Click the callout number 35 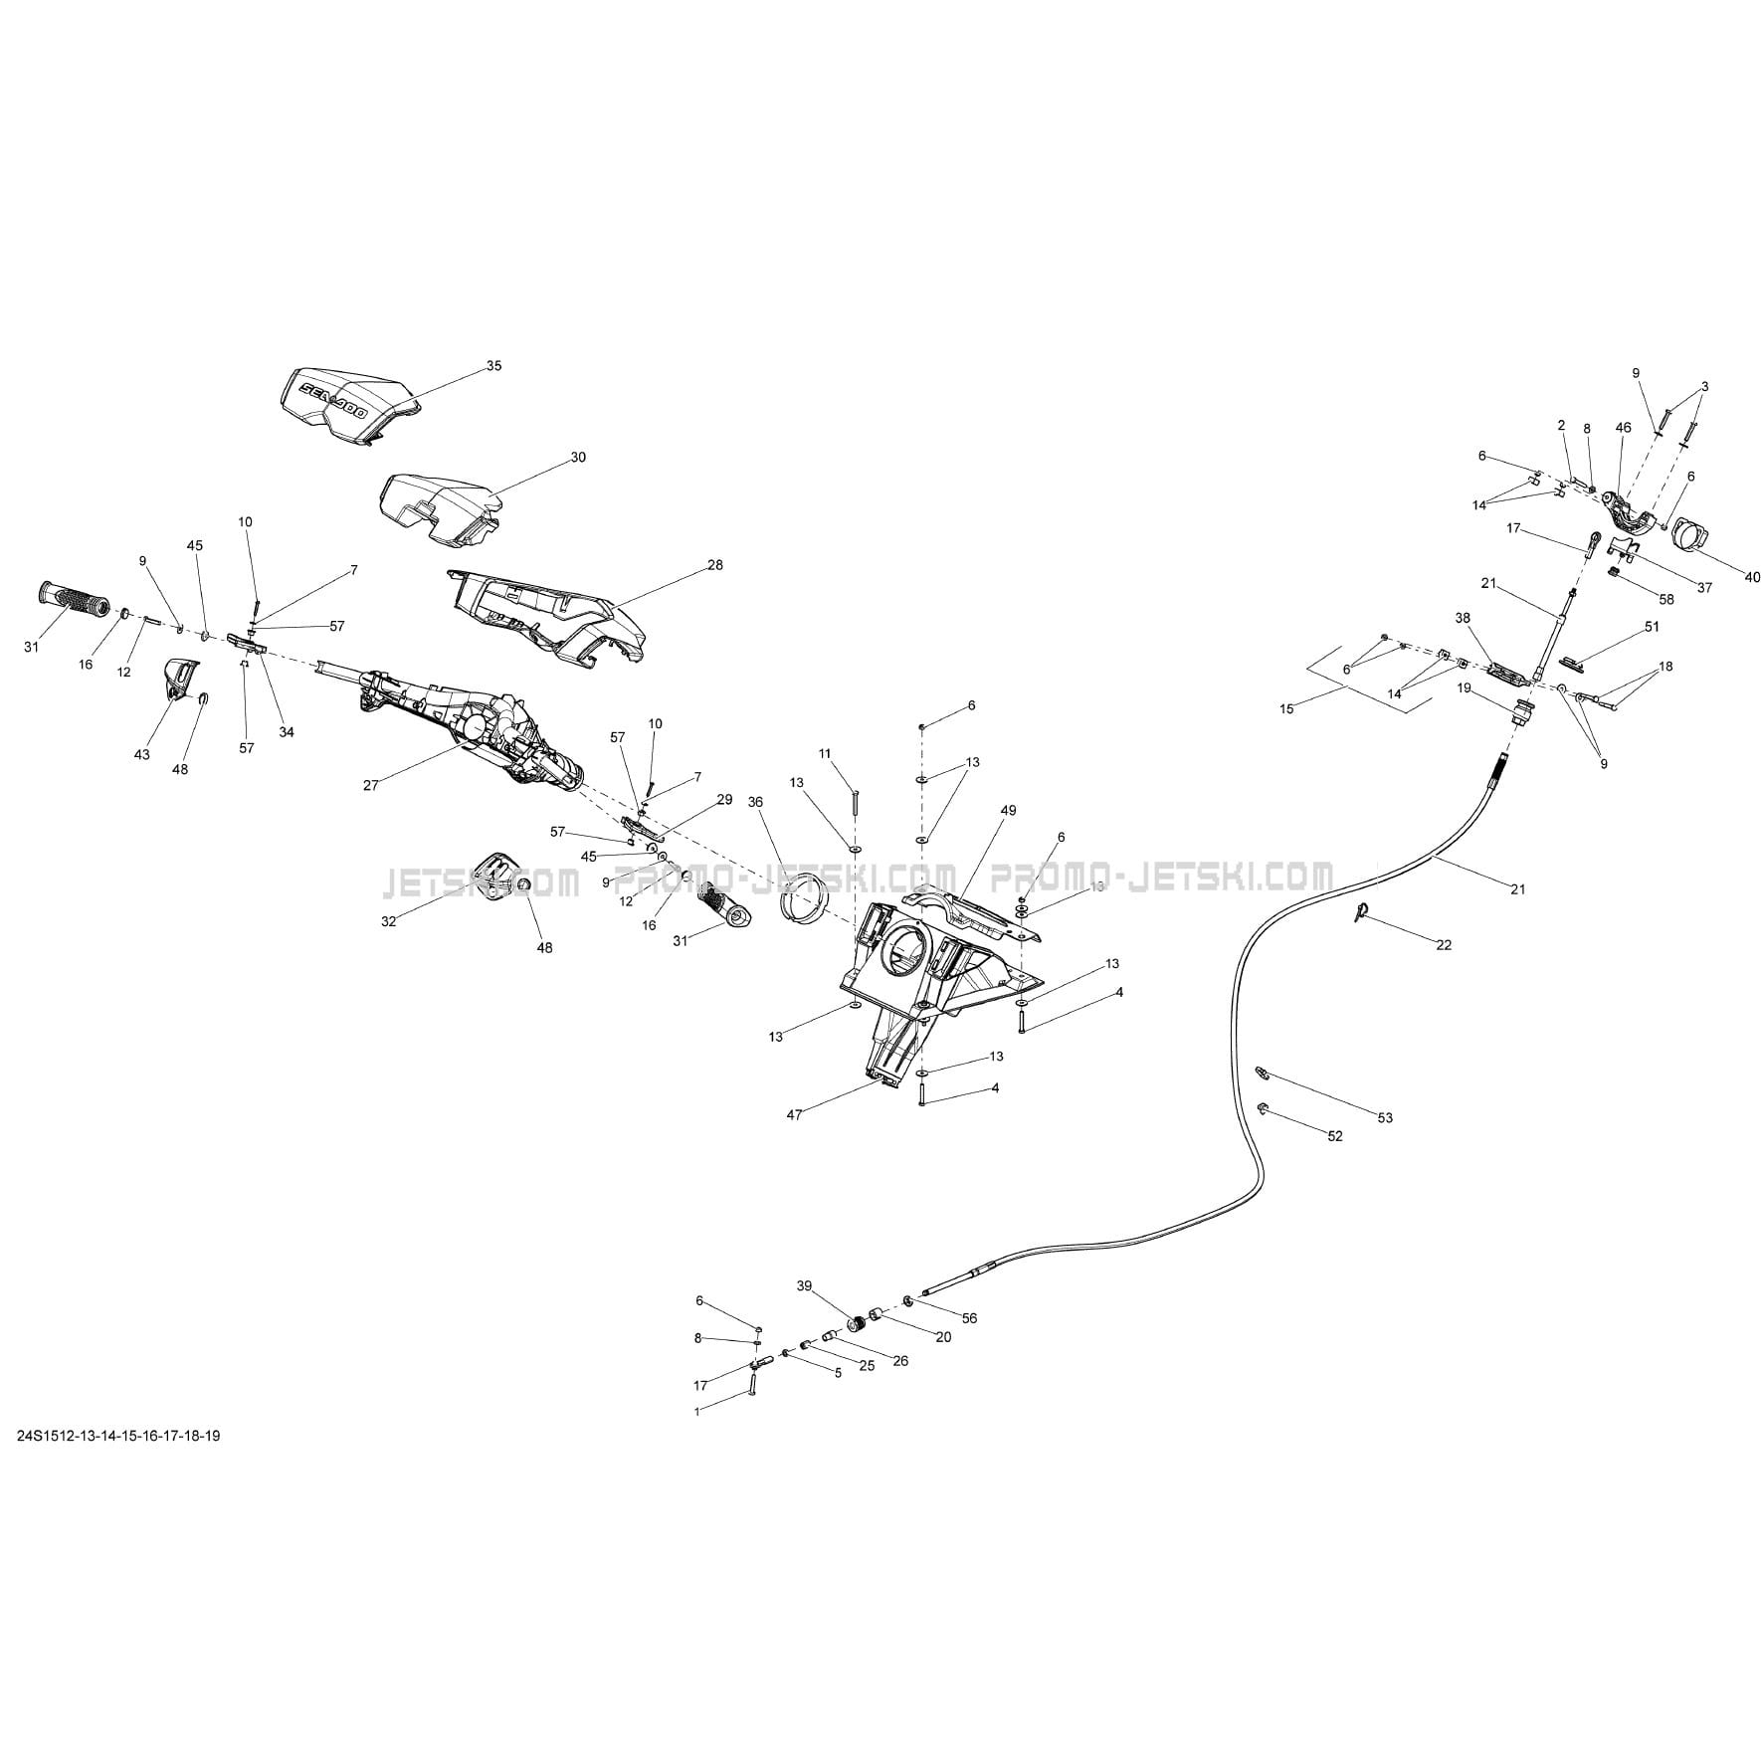(x=493, y=366)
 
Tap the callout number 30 (x=578, y=458)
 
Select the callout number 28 (x=714, y=565)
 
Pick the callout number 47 (x=794, y=1115)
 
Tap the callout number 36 (x=755, y=802)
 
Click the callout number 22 (x=1444, y=945)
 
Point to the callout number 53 (x=1385, y=1117)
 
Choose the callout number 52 (x=1335, y=1136)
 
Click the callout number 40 (x=1752, y=577)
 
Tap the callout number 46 (x=1623, y=428)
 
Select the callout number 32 (x=388, y=922)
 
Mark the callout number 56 (x=970, y=1318)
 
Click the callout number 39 (x=804, y=1285)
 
